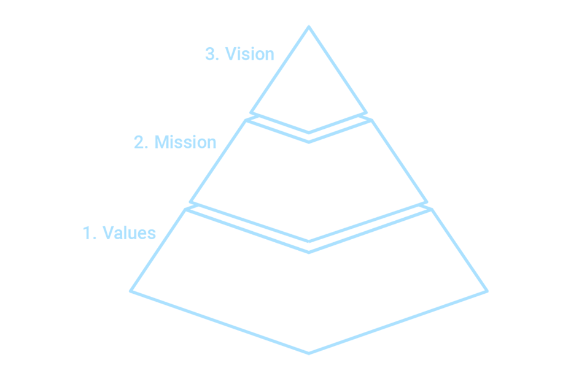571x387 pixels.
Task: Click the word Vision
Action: coord(249,54)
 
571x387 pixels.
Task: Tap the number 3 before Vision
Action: coord(210,54)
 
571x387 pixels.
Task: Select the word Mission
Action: coord(185,142)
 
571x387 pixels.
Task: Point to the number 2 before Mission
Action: coord(139,142)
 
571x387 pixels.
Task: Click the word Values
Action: coord(130,232)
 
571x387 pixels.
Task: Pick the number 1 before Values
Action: coord(87,233)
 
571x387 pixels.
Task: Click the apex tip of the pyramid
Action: coord(309,26)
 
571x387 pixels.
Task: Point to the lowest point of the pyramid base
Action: coord(309,353)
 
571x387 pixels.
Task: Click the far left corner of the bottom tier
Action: coord(130,291)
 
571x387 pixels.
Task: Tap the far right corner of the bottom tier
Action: coord(487,291)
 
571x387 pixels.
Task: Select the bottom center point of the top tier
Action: coord(309,132)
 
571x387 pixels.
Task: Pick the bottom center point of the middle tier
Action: coord(309,242)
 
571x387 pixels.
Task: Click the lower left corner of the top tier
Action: coord(251,113)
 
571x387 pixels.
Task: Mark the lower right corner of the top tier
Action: coord(367,113)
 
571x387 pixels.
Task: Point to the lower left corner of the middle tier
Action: coord(190,202)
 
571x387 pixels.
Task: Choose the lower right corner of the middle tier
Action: coord(427,202)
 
